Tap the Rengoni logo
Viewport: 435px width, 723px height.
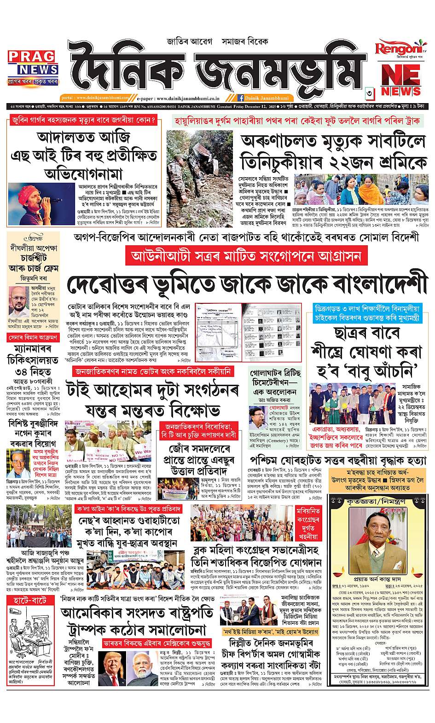395,49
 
